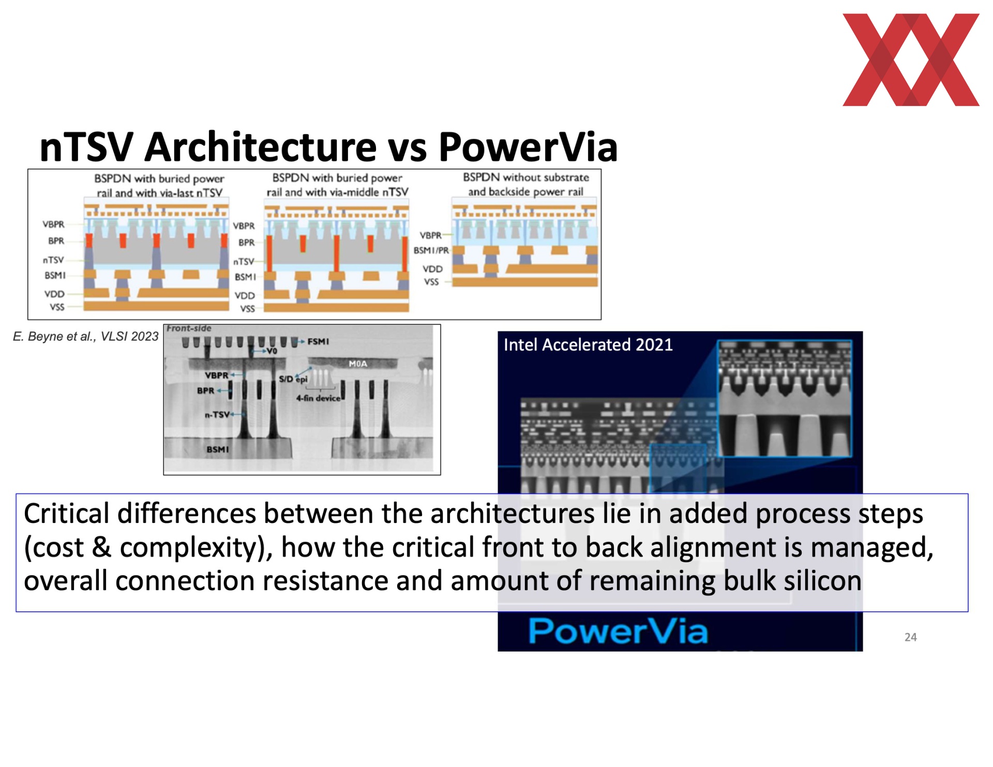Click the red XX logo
tap(911, 59)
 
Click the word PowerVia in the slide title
tap(528, 147)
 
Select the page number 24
tap(910, 637)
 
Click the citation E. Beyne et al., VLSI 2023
tap(85, 336)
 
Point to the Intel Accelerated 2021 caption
tap(588, 345)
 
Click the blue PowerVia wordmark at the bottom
tap(618, 631)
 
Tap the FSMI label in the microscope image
tap(318, 341)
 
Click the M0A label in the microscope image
tap(358, 364)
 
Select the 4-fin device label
tap(318, 398)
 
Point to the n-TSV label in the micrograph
tap(217, 414)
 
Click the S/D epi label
tap(293, 379)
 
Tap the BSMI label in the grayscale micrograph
tap(218, 449)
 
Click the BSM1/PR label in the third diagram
tap(431, 250)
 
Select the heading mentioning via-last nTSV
tap(159, 186)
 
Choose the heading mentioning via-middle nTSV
tap(337, 185)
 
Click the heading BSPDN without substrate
tap(526, 177)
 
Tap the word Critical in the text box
tap(67, 514)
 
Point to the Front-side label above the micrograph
tap(189, 328)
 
